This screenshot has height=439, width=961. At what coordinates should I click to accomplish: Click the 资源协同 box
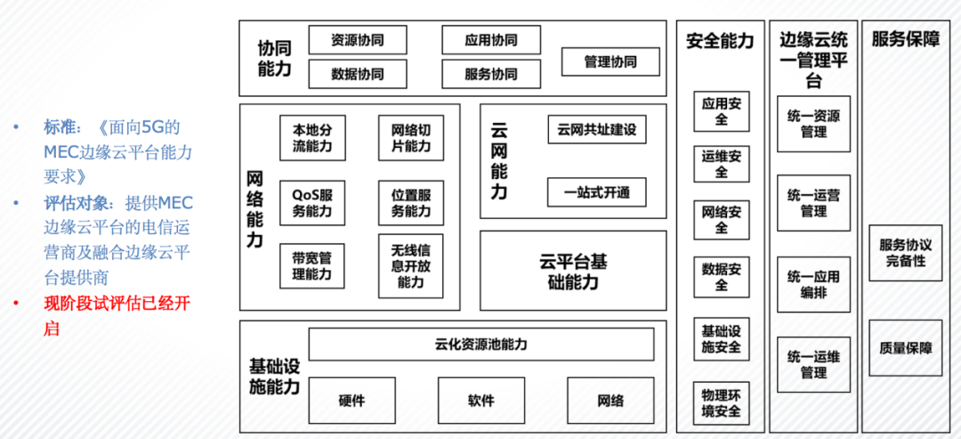tap(358, 40)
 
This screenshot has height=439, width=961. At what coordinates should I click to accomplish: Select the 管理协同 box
tap(610, 61)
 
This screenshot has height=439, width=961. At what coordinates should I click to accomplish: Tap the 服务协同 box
tap(491, 74)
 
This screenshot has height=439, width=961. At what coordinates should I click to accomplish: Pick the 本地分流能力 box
tap(312, 138)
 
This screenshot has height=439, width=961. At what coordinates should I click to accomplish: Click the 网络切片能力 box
tap(410, 138)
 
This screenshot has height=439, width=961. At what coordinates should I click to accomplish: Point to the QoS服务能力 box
tap(312, 203)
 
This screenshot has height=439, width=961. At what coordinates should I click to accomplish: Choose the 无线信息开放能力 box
tap(410, 266)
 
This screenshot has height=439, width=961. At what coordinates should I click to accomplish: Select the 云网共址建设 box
tap(597, 130)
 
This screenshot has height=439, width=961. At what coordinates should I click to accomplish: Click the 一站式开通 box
tap(597, 192)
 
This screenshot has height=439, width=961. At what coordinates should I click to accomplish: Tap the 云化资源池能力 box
tap(481, 344)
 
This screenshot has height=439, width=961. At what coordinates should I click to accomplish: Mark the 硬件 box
tap(351, 401)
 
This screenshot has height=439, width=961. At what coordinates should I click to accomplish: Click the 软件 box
tap(481, 401)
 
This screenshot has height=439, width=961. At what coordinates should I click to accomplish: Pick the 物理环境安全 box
tap(722, 402)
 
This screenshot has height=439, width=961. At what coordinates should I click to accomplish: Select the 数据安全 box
tap(722, 277)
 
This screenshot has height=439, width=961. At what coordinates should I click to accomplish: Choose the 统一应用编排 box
tap(814, 284)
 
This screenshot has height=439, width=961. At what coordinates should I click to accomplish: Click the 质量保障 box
tap(906, 347)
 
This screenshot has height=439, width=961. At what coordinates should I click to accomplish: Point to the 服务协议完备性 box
tap(906, 253)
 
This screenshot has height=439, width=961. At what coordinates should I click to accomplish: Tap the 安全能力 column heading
tap(720, 41)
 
